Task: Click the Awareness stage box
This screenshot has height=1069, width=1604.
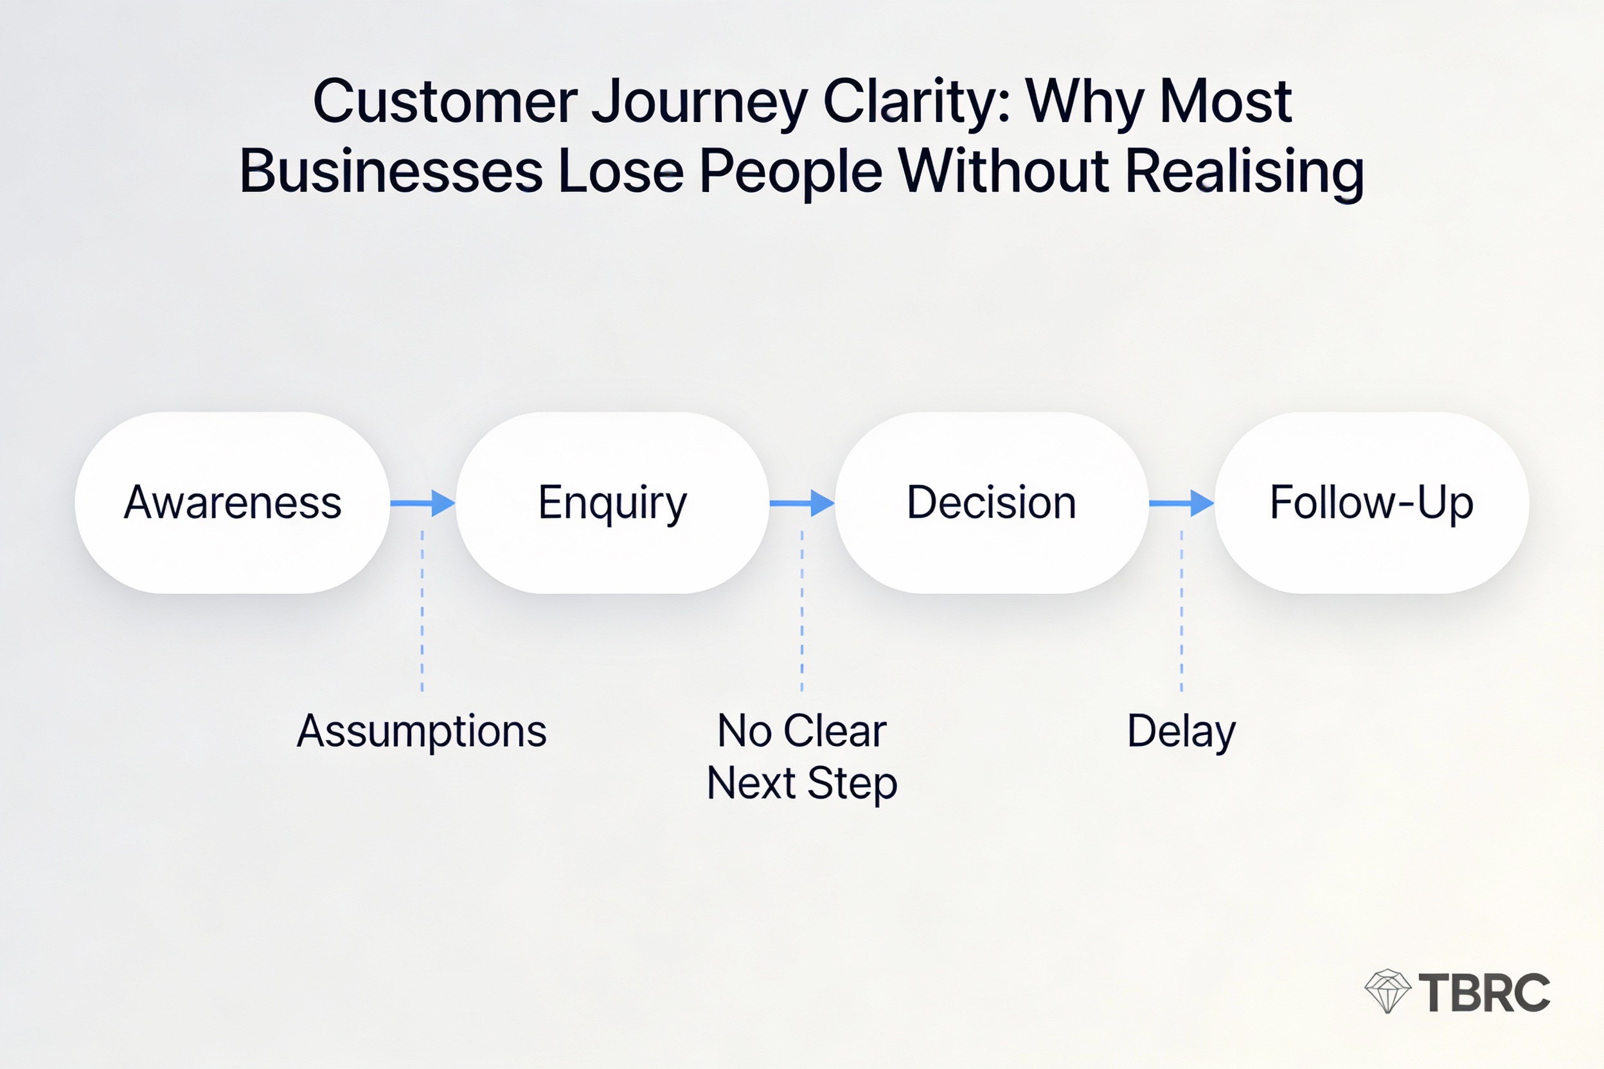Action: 232,502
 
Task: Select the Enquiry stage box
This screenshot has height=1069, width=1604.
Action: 612,502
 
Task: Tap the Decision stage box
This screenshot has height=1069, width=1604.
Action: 991,502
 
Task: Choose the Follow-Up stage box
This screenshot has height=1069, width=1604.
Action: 1371,502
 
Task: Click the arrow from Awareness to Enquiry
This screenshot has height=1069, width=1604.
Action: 423,503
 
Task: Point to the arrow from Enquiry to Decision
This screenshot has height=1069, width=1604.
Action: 802,503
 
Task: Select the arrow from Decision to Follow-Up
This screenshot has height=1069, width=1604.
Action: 1181,503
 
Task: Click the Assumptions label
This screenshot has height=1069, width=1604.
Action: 422,732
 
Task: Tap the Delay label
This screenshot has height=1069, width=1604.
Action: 1181,732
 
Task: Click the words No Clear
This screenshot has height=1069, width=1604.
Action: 802,730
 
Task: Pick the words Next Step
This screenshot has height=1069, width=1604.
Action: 802,782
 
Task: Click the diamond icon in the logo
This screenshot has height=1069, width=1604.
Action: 1387,991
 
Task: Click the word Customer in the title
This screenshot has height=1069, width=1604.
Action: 445,102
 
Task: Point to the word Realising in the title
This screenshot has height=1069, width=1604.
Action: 1244,172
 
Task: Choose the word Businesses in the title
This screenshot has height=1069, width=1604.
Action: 391,172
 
